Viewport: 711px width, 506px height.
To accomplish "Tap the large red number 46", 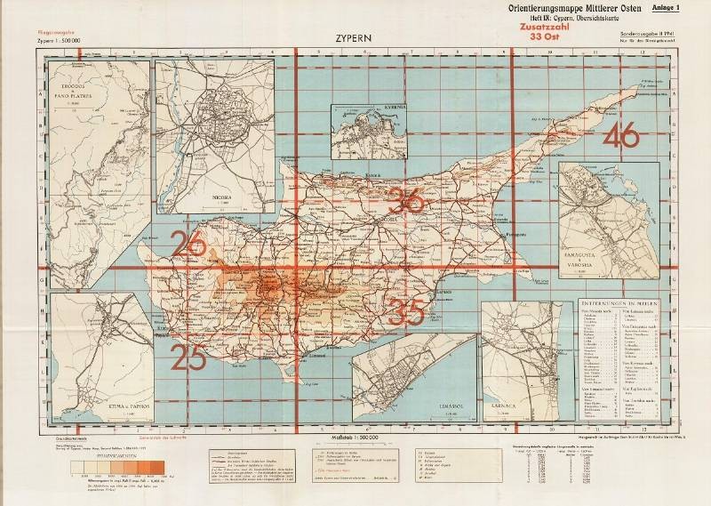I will point(620,137).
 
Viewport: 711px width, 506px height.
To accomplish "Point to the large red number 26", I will point(191,243).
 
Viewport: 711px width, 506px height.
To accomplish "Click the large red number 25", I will point(189,357).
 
